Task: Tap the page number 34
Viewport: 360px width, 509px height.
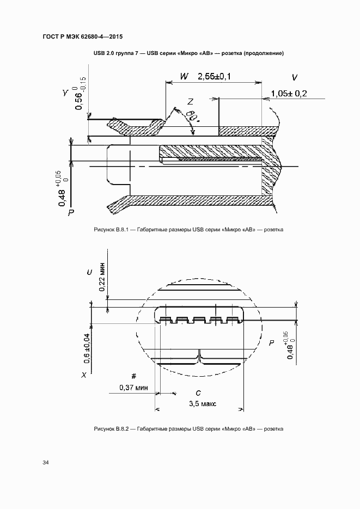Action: (46, 463)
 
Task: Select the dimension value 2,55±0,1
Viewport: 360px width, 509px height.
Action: (214, 77)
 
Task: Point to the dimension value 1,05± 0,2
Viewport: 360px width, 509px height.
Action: (289, 94)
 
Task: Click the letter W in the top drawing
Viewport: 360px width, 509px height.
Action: (184, 77)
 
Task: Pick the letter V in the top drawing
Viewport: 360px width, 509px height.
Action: (294, 77)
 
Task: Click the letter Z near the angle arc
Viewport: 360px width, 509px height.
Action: (191, 101)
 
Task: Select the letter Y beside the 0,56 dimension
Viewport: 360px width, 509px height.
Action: (65, 94)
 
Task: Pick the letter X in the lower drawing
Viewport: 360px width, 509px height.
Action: (83, 375)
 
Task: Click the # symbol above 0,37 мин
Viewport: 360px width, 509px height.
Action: (134, 376)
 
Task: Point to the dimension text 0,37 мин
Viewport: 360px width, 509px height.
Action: (133, 388)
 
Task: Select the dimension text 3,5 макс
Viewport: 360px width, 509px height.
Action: (203, 403)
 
